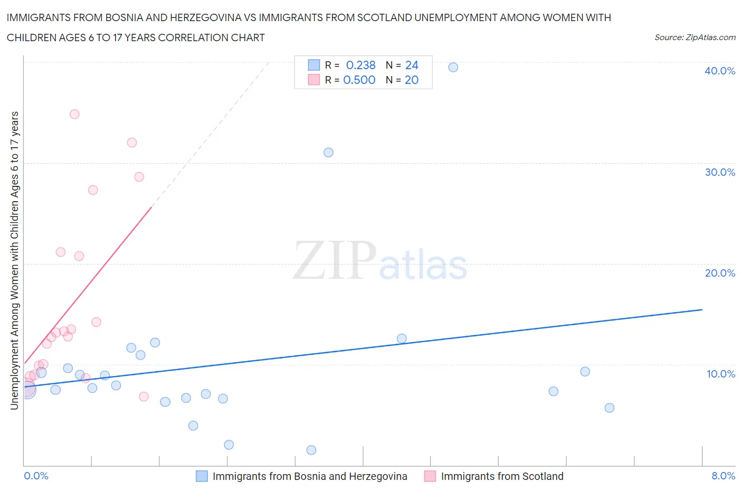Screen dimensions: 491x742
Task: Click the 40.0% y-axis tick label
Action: click(x=720, y=71)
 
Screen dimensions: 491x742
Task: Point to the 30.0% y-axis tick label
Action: click(x=720, y=172)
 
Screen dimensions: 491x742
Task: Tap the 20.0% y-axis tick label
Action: click(x=720, y=273)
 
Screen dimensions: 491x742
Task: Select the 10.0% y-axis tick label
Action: click(x=720, y=374)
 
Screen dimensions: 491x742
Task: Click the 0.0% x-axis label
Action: click(x=36, y=476)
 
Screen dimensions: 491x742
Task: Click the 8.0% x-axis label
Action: click(x=723, y=476)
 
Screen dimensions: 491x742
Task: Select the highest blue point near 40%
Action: click(x=453, y=67)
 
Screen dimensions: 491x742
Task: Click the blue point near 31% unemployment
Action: click(x=328, y=153)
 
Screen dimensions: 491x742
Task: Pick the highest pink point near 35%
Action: click(x=74, y=114)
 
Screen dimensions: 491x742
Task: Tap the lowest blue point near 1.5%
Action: click(x=311, y=450)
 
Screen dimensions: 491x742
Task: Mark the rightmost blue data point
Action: click(x=610, y=408)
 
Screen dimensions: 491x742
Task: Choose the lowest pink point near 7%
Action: click(x=144, y=396)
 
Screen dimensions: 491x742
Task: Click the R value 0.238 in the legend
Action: click(x=360, y=65)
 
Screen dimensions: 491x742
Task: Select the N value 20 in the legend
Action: click(x=411, y=80)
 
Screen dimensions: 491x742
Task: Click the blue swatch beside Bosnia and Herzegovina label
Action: click(x=202, y=476)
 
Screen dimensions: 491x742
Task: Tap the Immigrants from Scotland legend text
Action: click(x=502, y=476)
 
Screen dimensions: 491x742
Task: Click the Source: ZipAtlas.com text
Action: click(x=695, y=37)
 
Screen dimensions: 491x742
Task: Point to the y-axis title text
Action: click(x=14, y=260)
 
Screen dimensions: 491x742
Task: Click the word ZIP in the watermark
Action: click(x=335, y=260)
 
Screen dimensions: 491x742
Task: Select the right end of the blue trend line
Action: click(x=702, y=309)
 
